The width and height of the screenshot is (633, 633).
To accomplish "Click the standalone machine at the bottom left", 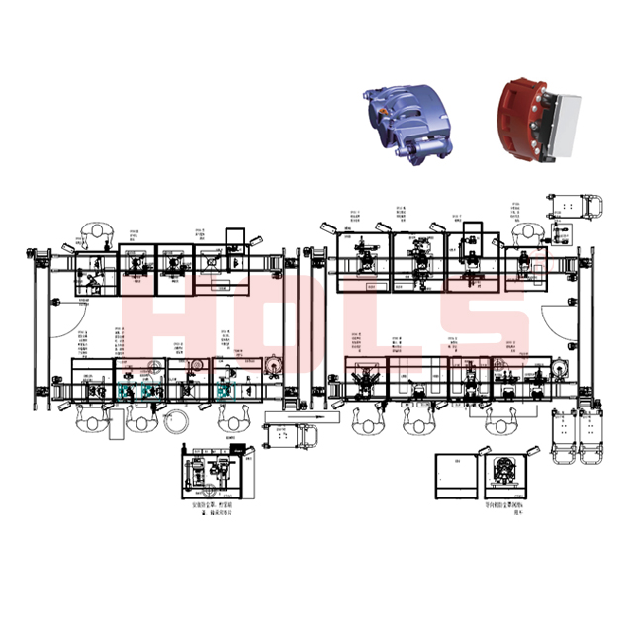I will click(x=213, y=473).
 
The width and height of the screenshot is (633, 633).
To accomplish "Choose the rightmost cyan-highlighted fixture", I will click(x=226, y=394).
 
